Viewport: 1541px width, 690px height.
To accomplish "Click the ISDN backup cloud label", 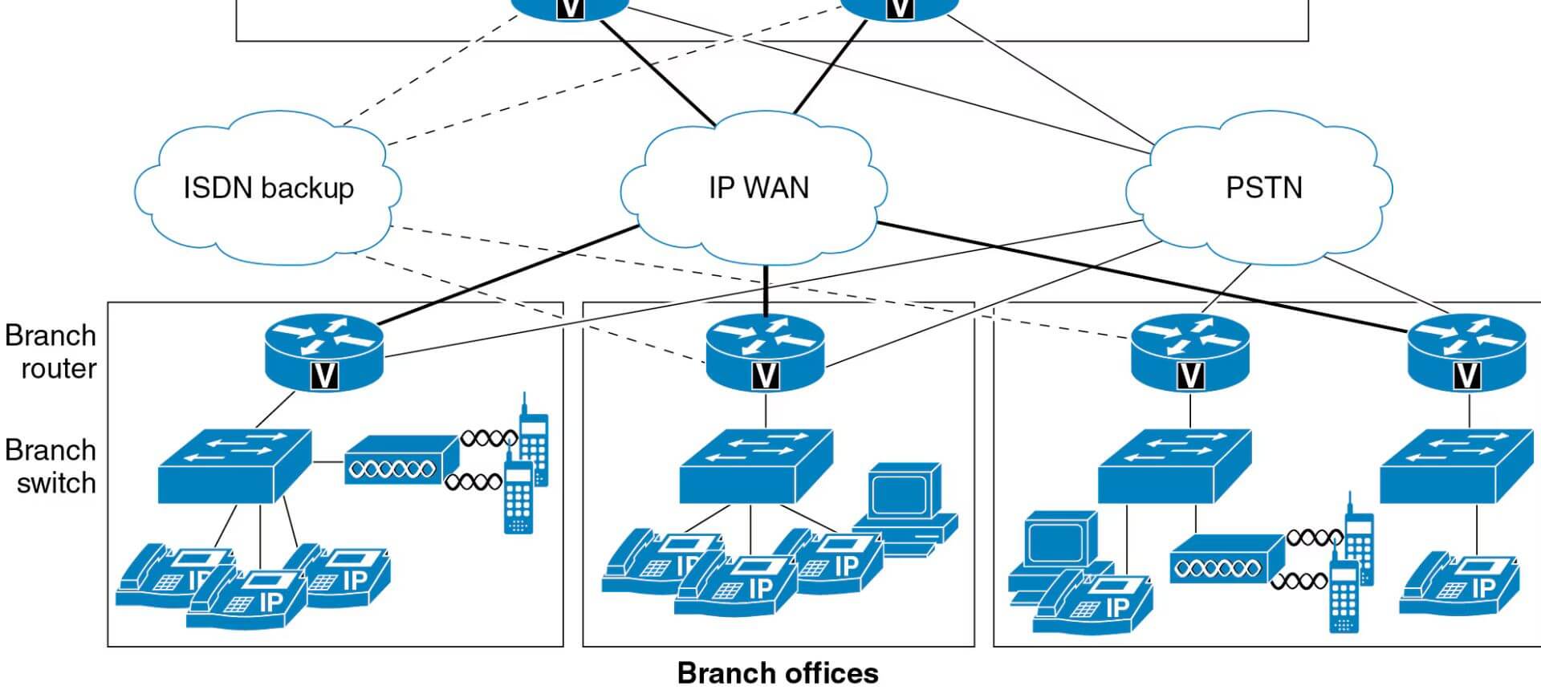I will point(268,188).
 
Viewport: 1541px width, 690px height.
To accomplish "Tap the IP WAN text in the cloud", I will point(758,188).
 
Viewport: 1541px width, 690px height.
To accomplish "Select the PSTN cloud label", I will point(1263,188).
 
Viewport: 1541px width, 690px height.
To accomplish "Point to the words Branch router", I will point(51,351).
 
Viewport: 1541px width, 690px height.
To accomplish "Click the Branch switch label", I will point(51,466).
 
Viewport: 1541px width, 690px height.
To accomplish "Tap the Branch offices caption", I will point(777,672).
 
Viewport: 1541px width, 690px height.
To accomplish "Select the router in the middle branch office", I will point(765,351).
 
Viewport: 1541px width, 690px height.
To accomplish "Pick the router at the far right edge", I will point(1466,351).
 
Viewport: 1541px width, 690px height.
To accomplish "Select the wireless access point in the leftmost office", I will point(400,461).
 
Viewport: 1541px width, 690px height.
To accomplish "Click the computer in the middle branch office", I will point(907,505).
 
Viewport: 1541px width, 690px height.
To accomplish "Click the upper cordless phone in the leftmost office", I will point(533,441).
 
